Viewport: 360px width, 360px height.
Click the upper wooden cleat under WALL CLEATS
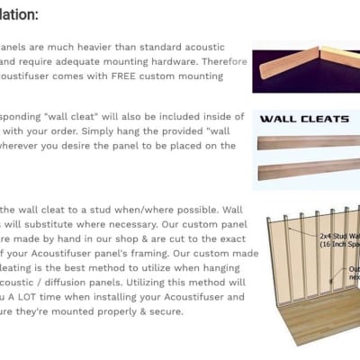point(306,142)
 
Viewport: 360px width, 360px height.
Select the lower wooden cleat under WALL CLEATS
point(306,172)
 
